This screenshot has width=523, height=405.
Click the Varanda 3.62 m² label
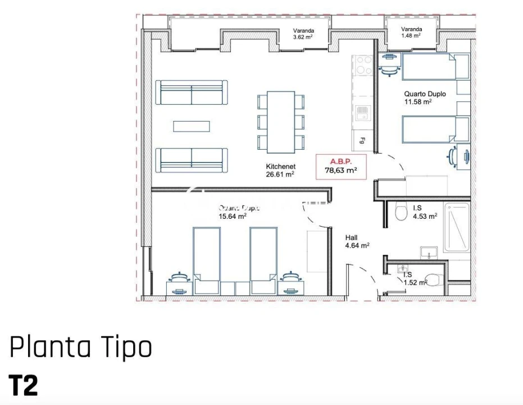(x=303, y=34)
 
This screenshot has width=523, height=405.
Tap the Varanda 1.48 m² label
(x=411, y=33)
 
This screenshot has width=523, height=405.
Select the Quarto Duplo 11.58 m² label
(x=425, y=98)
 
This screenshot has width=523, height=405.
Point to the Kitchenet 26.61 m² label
(x=280, y=170)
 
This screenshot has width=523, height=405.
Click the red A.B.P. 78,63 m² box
(x=341, y=166)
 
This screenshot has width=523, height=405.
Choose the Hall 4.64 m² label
(x=357, y=241)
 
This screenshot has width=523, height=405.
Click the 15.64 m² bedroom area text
(x=233, y=215)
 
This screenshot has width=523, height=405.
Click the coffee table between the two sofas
(x=191, y=126)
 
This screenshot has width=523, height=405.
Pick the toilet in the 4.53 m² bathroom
(x=401, y=212)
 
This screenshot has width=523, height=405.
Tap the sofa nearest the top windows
(x=192, y=92)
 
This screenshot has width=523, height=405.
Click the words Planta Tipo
(x=80, y=347)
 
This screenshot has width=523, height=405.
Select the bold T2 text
(x=24, y=385)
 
